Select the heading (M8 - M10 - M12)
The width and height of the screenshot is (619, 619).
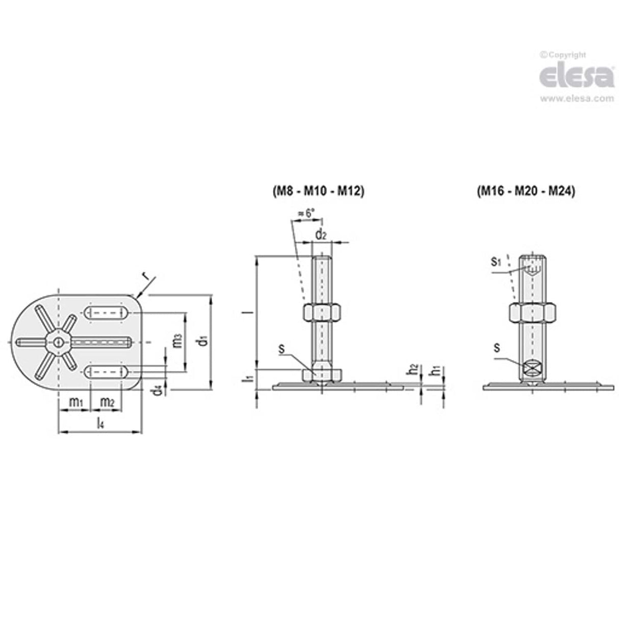pyautogui.click(x=317, y=192)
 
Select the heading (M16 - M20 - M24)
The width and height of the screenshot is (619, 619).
pyautogui.click(x=526, y=192)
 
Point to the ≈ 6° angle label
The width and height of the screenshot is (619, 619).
pyautogui.click(x=306, y=214)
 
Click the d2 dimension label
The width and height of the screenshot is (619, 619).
pyautogui.click(x=320, y=235)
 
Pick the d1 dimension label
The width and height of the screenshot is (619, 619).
pyautogui.click(x=203, y=341)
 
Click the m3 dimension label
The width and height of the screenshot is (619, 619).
pyautogui.click(x=176, y=341)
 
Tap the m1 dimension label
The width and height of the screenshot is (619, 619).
pyautogui.click(x=75, y=402)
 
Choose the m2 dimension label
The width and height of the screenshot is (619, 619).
pyautogui.click(x=107, y=402)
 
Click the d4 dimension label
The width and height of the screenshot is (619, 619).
pyautogui.click(x=159, y=389)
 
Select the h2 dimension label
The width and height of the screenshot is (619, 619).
pyautogui.click(x=414, y=370)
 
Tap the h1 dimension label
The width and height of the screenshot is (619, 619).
pyautogui.click(x=435, y=370)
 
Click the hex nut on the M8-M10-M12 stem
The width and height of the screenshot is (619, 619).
pyautogui.click(x=321, y=312)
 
